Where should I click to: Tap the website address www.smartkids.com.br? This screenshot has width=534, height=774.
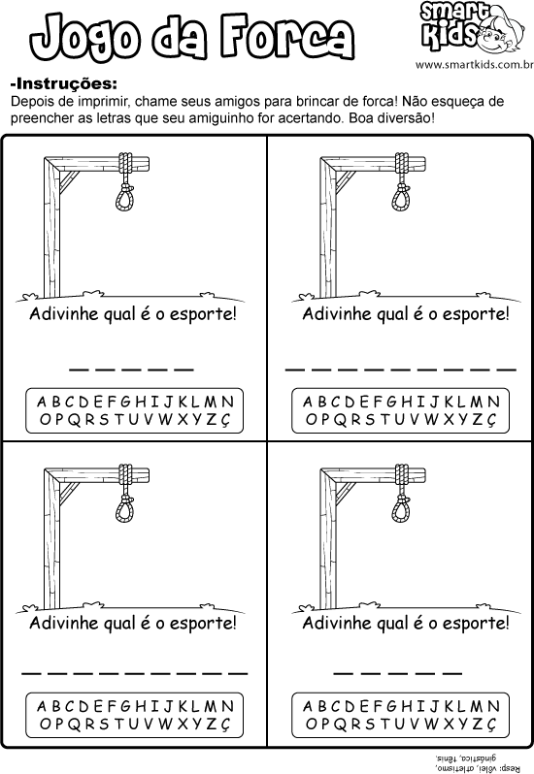pyautogui.click(x=474, y=65)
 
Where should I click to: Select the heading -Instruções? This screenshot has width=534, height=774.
pyautogui.click(x=64, y=83)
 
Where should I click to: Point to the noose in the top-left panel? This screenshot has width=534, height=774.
pyautogui.click(x=126, y=181)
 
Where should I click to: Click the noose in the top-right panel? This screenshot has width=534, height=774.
pyautogui.click(x=403, y=181)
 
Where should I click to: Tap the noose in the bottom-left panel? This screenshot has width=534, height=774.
pyautogui.click(x=126, y=493)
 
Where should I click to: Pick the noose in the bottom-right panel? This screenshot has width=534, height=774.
pyautogui.click(x=403, y=493)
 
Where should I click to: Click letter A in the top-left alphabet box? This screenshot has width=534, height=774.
pyautogui.click(x=42, y=402)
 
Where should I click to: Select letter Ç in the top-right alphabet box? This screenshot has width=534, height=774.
pyautogui.click(x=490, y=420)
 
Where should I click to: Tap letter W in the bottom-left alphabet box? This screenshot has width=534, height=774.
pyautogui.click(x=165, y=725)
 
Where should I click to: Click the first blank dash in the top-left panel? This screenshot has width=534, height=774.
pyautogui.click(x=79, y=369)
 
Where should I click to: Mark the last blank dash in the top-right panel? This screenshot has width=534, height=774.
pyautogui.click(x=506, y=369)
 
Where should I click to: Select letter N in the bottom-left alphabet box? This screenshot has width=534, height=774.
pyautogui.click(x=227, y=706)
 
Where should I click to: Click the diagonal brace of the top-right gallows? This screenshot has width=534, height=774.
pyautogui.click(x=344, y=181)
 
